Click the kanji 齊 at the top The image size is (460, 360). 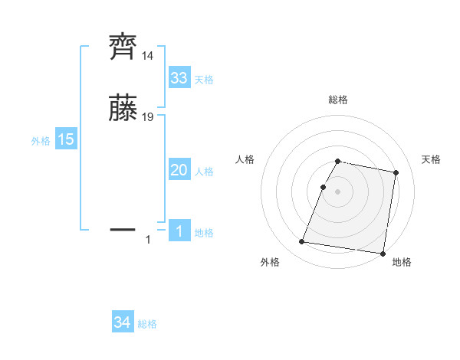[123, 47]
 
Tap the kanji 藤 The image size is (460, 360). [123, 109]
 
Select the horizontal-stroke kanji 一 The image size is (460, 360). [123, 228]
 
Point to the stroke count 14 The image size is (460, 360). [147, 57]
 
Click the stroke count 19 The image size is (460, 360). [148, 117]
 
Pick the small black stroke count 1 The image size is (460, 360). [148, 240]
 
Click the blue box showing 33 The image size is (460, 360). [179, 79]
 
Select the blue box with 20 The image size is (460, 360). [179, 171]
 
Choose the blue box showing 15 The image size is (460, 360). [66, 140]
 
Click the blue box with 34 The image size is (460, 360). [123, 323]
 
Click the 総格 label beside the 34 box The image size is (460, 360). [147, 324]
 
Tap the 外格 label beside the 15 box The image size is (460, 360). [41, 141]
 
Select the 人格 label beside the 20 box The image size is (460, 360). [204, 172]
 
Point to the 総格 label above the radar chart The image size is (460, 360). [338, 100]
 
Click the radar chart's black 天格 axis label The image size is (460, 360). [431, 159]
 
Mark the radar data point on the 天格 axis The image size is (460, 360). [396, 174]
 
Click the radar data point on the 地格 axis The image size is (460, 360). [382, 254]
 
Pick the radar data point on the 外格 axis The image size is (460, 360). [302, 242]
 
